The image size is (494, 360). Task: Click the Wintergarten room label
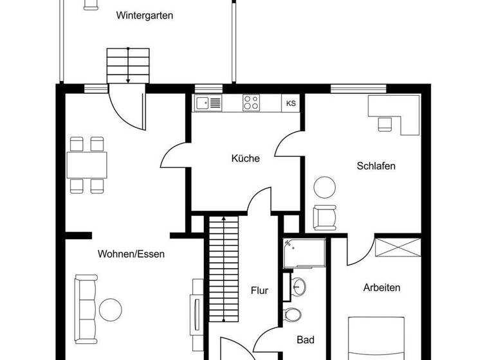145,15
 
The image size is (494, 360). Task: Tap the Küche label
246,158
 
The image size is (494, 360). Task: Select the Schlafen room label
376,166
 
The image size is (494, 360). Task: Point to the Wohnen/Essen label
131,254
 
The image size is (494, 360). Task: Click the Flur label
259,291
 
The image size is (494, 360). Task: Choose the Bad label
305,339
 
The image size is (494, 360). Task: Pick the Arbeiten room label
381,287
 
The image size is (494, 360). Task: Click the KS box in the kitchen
291,103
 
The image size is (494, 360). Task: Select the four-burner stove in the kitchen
251,103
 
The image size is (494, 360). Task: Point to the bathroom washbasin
298,286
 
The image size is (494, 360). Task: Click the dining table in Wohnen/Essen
87,165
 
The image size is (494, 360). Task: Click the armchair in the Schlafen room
325,216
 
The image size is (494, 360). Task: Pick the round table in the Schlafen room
324,188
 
